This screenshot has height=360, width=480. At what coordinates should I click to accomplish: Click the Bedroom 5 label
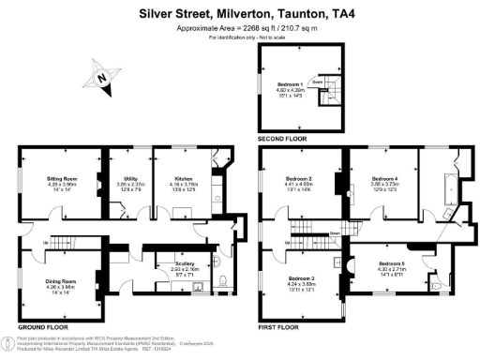pos(392,263)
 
